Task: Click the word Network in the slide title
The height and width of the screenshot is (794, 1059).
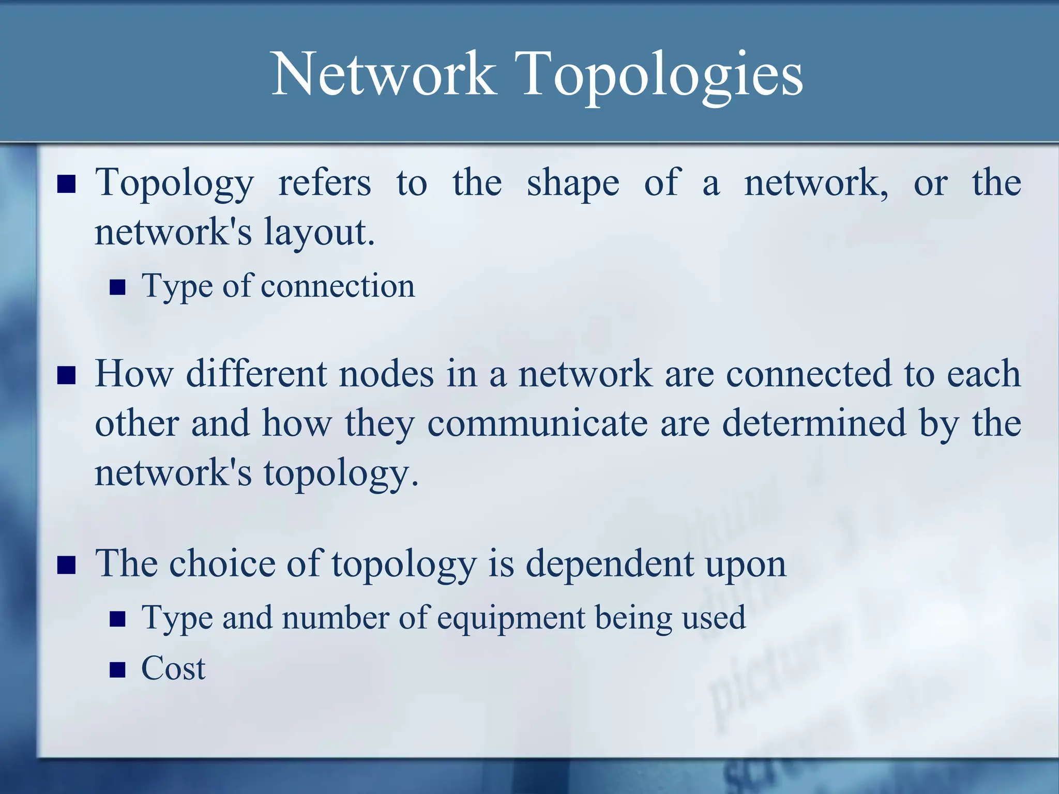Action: coord(383,74)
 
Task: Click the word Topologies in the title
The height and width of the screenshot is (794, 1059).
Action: coord(663,75)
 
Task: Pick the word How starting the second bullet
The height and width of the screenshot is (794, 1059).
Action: coord(134,373)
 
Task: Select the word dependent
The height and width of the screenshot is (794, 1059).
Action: coord(610,563)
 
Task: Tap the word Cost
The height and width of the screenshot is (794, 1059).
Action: coord(173,668)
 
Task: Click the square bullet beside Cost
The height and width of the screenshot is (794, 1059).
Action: coord(118,670)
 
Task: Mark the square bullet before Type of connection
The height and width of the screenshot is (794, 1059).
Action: coord(118,287)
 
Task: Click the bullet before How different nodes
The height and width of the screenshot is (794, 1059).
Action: coord(67,375)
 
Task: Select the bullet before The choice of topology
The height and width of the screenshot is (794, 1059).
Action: coord(67,565)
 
